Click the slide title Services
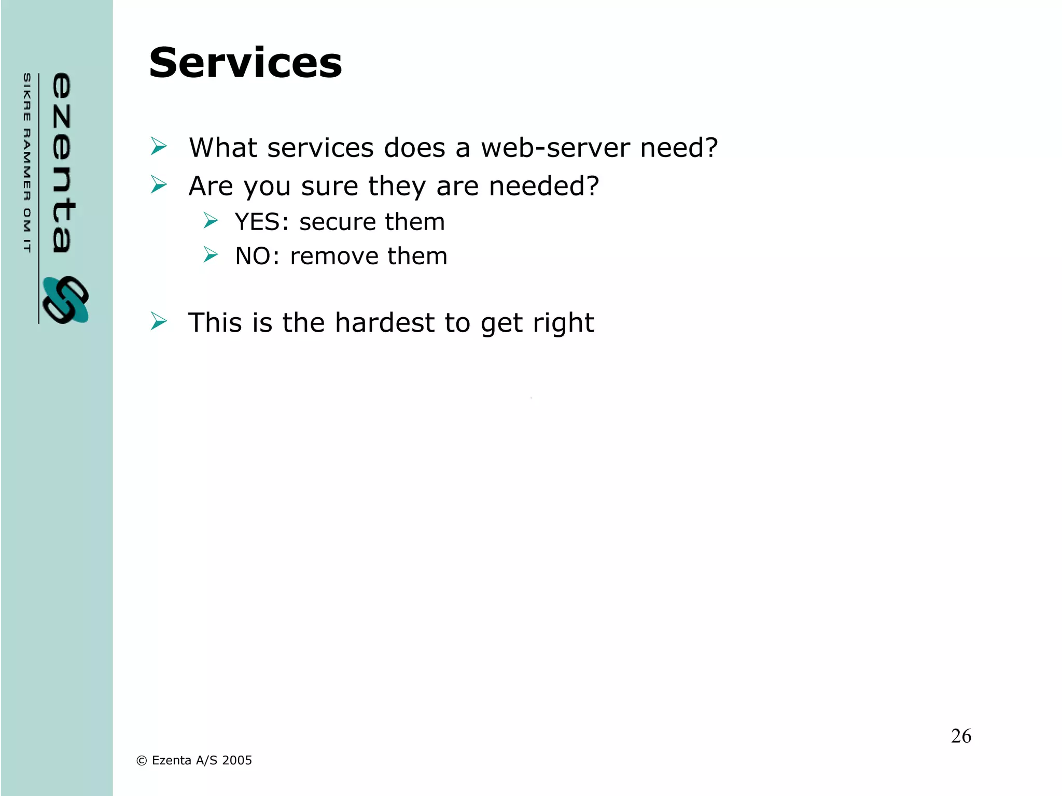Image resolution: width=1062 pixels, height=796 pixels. click(x=245, y=63)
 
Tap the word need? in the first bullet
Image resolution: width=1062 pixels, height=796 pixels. click(x=679, y=148)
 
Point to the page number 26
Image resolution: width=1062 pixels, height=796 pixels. click(x=961, y=736)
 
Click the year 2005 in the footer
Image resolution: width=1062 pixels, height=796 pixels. click(x=237, y=760)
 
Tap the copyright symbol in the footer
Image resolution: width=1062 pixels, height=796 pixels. click(x=141, y=761)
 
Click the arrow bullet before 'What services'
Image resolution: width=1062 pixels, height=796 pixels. click(x=159, y=147)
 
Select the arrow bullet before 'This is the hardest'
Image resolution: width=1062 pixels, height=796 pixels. click(x=159, y=321)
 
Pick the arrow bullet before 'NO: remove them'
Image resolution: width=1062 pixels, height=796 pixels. click(x=211, y=255)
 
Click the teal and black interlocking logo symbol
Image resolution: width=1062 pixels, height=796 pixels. click(x=66, y=300)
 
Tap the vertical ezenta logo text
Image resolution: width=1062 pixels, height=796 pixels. click(x=62, y=163)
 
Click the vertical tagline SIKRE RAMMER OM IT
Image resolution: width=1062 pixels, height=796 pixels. click(x=27, y=163)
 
